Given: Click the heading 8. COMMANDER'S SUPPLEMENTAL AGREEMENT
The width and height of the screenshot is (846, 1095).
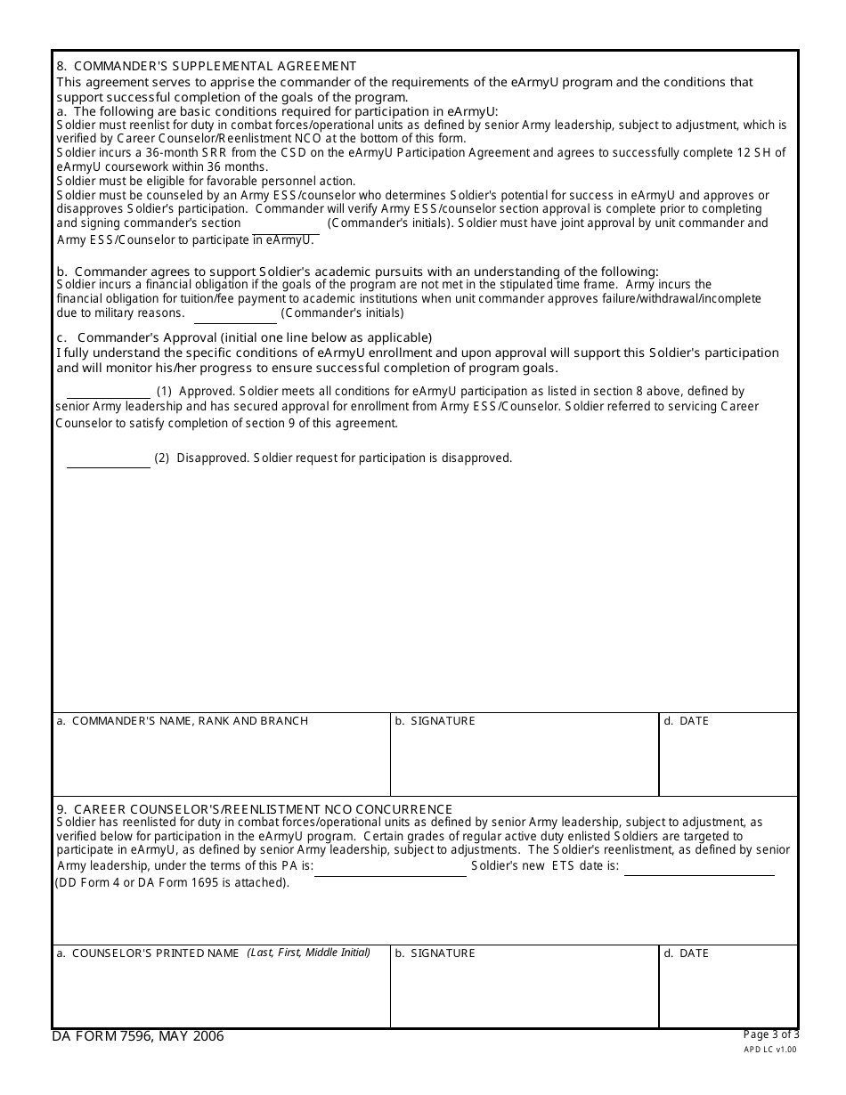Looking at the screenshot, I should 206,66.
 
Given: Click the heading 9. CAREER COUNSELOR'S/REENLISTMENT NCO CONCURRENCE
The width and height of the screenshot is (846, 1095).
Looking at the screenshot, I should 254,809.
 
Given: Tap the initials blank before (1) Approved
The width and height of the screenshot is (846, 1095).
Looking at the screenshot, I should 109,393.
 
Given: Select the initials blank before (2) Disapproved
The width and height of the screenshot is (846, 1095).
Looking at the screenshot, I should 109,460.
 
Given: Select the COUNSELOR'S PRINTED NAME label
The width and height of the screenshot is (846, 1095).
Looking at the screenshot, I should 148,953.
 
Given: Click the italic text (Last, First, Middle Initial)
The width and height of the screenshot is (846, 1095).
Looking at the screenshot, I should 308,953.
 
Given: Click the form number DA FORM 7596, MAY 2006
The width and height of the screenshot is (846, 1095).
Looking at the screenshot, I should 138,1036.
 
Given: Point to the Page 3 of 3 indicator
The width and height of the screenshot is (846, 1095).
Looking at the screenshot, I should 771,1034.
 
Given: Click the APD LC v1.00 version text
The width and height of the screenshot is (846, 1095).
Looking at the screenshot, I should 771,1050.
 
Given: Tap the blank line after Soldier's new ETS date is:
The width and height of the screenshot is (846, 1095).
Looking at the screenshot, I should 699,869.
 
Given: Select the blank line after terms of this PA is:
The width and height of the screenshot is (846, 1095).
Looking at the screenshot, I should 390,870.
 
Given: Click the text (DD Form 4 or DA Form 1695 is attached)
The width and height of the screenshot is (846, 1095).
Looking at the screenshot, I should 173,883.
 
